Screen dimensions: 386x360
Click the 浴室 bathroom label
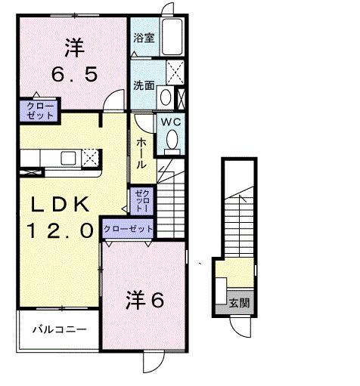[145, 38]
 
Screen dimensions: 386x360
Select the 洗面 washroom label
[144, 85]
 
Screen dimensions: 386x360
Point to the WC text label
[168, 121]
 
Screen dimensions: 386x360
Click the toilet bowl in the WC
[172, 139]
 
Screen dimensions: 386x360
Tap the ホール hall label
[141, 153]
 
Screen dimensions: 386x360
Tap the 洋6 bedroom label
[144, 300]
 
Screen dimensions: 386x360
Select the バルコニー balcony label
[58, 329]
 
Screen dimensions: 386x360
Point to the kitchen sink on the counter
[67, 157]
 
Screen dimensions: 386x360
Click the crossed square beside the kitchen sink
[90, 157]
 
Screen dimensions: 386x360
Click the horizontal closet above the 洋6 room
[128, 228]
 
